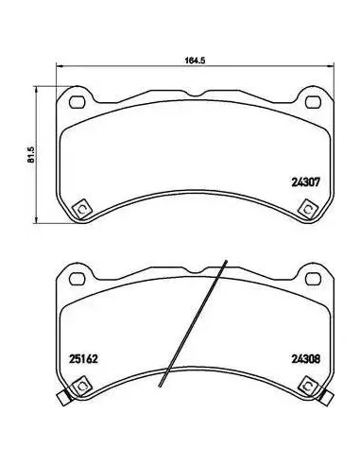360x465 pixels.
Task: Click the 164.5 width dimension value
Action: [x=195, y=60]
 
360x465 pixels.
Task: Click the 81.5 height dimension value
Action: [x=31, y=155]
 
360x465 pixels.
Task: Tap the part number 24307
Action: [x=305, y=182]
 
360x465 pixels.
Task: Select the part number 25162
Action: [x=83, y=359]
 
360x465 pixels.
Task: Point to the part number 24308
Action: [x=305, y=359]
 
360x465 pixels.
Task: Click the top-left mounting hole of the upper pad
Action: [x=77, y=102]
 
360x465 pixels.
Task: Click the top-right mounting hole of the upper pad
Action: [x=314, y=102]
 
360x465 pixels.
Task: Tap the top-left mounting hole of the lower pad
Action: [x=77, y=279]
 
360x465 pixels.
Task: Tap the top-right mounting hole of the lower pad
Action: [x=314, y=279]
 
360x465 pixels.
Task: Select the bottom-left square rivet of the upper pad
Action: [x=81, y=209]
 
